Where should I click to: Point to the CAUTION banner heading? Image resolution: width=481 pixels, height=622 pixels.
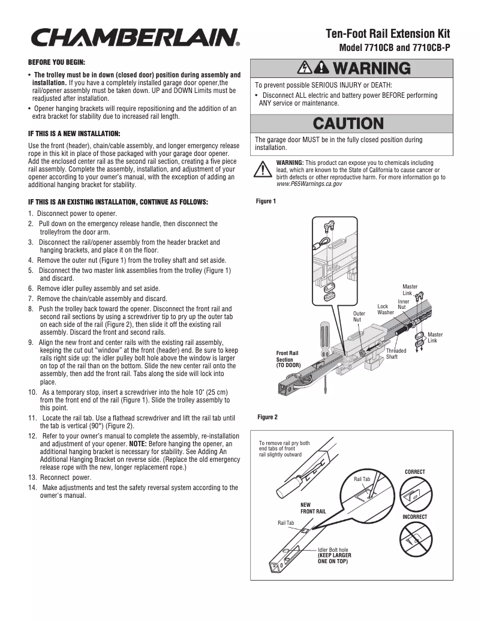click(x=348, y=124)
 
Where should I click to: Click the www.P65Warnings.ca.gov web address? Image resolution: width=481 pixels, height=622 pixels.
click(x=309, y=184)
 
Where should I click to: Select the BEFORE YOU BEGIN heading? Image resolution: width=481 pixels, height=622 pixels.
click(x=57, y=62)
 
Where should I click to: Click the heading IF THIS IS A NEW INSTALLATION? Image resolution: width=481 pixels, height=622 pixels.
click(x=74, y=133)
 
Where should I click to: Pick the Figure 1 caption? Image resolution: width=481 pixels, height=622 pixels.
click(x=266, y=202)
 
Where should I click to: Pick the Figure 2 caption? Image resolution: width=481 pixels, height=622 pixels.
click(x=267, y=417)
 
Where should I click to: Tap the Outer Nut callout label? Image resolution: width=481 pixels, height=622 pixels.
click(x=359, y=317)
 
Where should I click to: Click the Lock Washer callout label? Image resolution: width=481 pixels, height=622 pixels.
click(x=385, y=310)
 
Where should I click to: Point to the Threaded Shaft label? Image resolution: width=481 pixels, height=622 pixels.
click(x=396, y=353)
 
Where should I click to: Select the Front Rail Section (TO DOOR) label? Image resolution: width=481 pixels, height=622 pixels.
click(x=287, y=359)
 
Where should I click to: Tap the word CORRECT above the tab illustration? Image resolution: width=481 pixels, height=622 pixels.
click(x=414, y=472)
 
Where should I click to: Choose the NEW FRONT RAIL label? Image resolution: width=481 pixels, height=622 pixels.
click(x=313, y=509)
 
